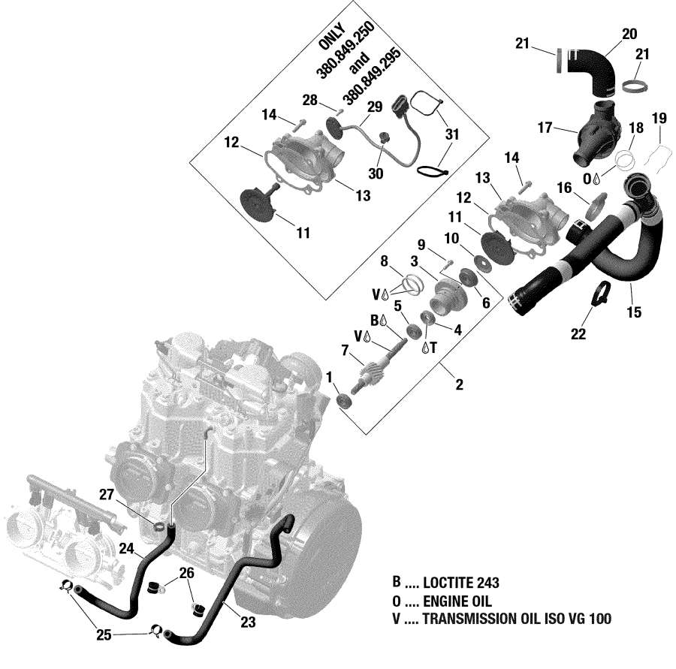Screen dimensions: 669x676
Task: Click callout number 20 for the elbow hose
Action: (629, 33)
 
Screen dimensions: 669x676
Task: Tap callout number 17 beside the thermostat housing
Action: (545, 128)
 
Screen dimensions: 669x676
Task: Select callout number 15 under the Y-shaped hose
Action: (635, 312)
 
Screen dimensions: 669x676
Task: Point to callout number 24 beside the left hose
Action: (126, 549)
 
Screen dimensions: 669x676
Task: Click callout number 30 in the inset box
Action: (376, 173)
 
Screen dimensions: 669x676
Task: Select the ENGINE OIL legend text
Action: (457, 601)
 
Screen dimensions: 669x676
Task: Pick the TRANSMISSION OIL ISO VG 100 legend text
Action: (517, 619)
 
